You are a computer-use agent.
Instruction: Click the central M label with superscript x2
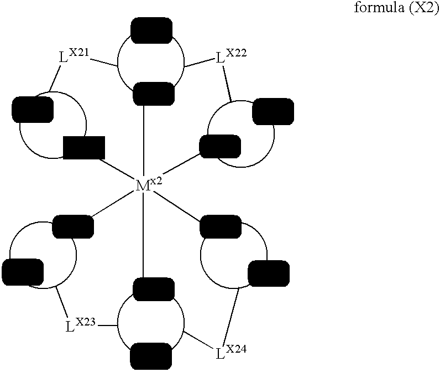coord(149,185)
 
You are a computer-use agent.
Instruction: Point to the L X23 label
coord(80,324)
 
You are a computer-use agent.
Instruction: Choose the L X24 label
coord(232,352)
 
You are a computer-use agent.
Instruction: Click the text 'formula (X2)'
coord(396,8)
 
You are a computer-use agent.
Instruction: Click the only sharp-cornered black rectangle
coord(84,148)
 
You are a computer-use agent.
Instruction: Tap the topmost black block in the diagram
coord(151,30)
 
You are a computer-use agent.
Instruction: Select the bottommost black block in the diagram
coord(151,356)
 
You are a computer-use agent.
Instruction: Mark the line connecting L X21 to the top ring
coord(103,63)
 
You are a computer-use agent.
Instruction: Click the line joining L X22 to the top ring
coord(199,63)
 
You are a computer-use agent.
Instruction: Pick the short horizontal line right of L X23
coord(107,325)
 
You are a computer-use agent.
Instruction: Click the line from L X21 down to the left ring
coord(55,79)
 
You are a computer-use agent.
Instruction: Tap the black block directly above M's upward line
coord(154,94)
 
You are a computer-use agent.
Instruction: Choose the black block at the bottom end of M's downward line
coord(154,289)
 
